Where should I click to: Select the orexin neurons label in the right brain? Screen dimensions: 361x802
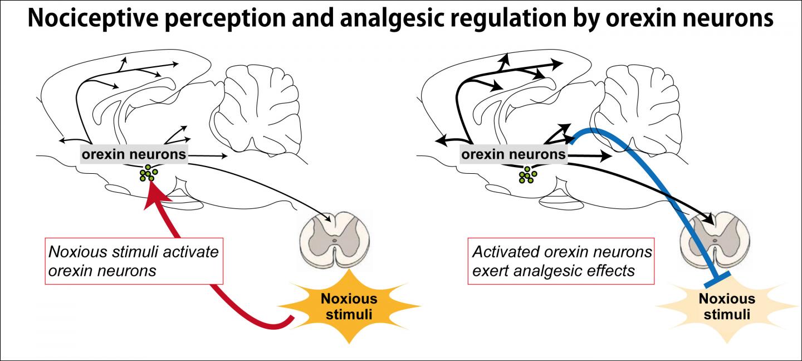click(x=513, y=154)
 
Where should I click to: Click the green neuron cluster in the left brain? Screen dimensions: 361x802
click(x=149, y=173)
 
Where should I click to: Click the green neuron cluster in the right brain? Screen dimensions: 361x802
click(x=527, y=175)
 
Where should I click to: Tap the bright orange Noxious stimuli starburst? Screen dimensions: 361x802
click(x=349, y=306)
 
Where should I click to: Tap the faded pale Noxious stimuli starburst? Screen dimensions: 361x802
click(x=726, y=306)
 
